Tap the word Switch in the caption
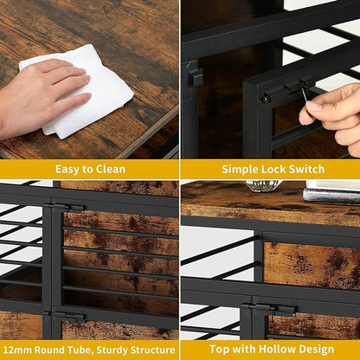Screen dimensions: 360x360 point(307,169)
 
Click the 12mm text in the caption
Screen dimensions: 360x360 point(17,350)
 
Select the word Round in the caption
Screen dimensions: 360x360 point(50,350)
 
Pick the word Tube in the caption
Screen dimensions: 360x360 point(80,350)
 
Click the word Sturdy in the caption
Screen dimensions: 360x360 point(112,350)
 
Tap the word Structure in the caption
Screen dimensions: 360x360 point(152,350)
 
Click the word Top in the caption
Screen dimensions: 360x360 point(219,350)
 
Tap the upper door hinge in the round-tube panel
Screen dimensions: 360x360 point(65,208)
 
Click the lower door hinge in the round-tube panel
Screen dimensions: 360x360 point(65,317)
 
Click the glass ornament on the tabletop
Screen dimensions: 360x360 point(262,186)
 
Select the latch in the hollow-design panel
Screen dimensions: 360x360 point(270,310)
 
